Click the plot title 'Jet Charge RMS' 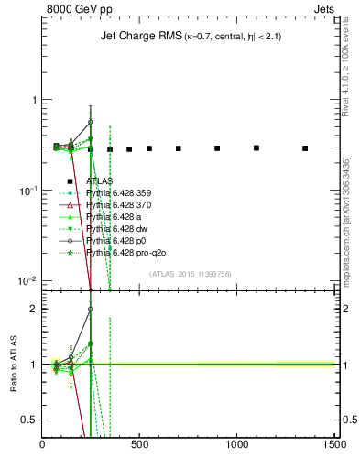[134, 38]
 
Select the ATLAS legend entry [101, 182]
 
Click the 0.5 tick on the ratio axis [30, 420]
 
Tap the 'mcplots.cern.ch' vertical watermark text [346, 229]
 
